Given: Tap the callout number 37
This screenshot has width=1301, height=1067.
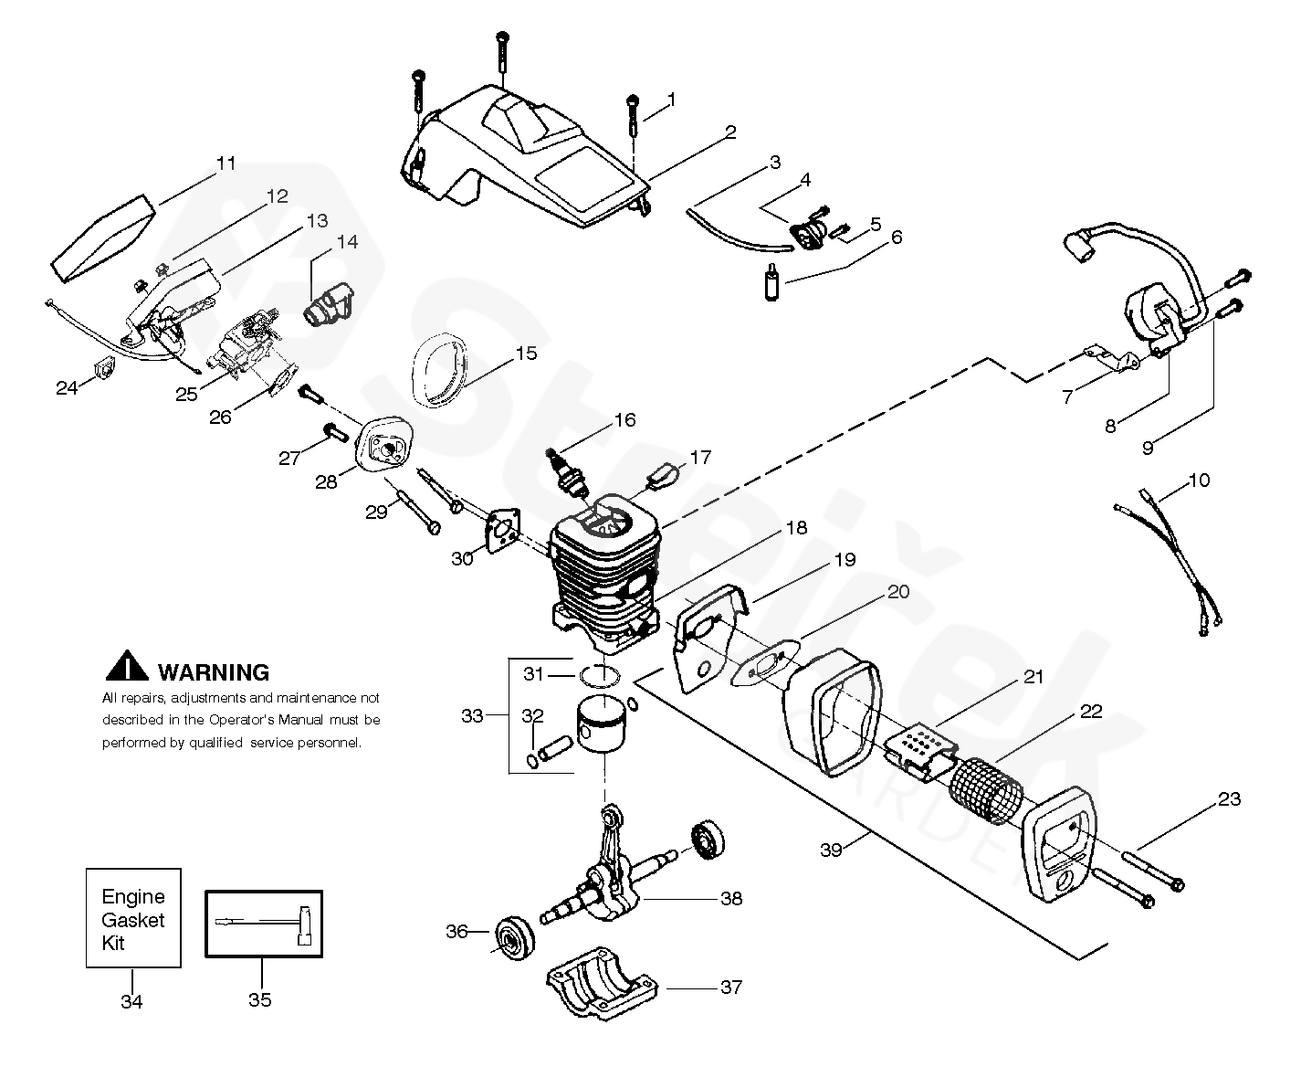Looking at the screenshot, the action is [731, 988].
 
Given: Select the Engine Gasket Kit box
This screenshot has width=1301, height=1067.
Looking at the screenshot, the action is [133, 918].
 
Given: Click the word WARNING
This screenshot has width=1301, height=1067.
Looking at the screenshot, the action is [214, 672].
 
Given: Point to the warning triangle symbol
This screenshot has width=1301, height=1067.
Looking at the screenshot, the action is [127, 666].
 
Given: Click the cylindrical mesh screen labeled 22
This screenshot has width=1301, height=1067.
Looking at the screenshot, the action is [986, 790].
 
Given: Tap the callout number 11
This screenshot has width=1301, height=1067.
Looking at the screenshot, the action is [226, 164].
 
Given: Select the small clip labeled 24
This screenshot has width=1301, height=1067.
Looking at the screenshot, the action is [104, 369].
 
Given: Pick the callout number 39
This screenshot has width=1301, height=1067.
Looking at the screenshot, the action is [831, 850].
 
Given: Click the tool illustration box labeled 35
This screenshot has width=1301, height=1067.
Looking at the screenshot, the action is [264, 924].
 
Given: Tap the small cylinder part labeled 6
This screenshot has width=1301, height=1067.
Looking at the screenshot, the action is [771, 282].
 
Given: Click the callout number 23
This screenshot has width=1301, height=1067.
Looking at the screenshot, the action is [1229, 799].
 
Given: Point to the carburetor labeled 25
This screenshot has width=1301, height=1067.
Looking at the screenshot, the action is [247, 346].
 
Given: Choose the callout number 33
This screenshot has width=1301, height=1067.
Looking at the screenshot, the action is [472, 716].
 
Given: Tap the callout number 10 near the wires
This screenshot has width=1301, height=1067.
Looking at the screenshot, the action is [1199, 481].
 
